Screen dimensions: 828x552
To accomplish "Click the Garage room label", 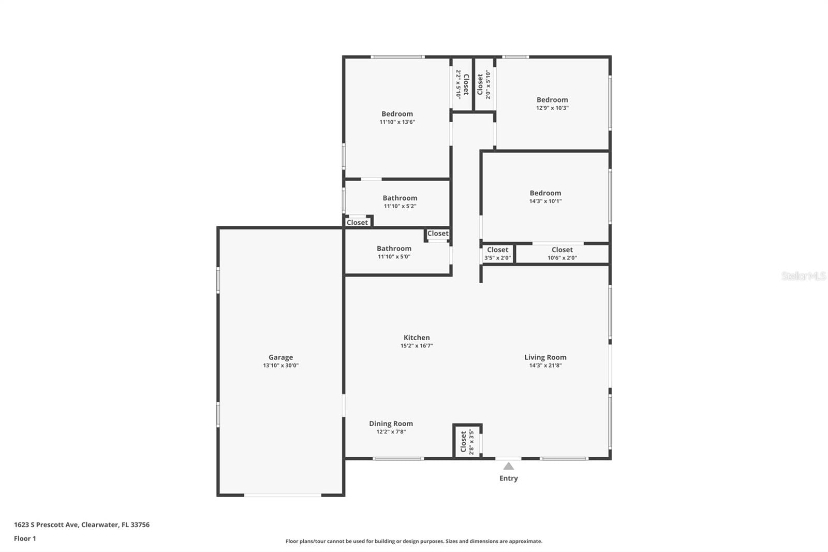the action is click(x=280, y=357).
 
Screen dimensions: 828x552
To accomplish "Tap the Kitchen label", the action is click(x=417, y=338).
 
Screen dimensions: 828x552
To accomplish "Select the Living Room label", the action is click(x=545, y=357).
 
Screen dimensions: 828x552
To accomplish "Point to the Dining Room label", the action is click(x=391, y=423).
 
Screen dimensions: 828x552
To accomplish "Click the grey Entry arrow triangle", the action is click(x=509, y=466).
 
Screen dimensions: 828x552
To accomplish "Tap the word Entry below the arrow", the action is click(x=509, y=478).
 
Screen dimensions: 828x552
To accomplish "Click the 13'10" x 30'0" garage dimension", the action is click(x=280, y=366).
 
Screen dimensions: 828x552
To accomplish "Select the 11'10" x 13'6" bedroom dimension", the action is click(x=397, y=122).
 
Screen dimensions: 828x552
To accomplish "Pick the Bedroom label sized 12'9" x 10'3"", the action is click(x=552, y=99).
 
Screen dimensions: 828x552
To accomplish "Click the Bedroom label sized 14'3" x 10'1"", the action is click(x=545, y=193).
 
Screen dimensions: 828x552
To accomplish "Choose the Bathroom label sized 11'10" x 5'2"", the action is click(x=400, y=198).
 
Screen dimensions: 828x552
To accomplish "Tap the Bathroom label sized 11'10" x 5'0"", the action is click(x=394, y=248).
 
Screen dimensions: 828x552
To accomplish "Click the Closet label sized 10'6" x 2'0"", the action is click(x=562, y=250).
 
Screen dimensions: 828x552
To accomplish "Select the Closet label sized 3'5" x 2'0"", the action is click(x=497, y=250).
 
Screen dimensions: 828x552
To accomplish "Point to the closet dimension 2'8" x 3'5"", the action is click(x=471, y=442).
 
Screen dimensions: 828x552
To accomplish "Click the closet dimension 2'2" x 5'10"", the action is click(x=459, y=84).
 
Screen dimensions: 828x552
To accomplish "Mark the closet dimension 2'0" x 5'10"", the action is click(x=488, y=84).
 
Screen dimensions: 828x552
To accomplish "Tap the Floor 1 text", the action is click(x=25, y=539).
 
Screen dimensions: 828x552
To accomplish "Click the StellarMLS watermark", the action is click(x=804, y=275).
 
